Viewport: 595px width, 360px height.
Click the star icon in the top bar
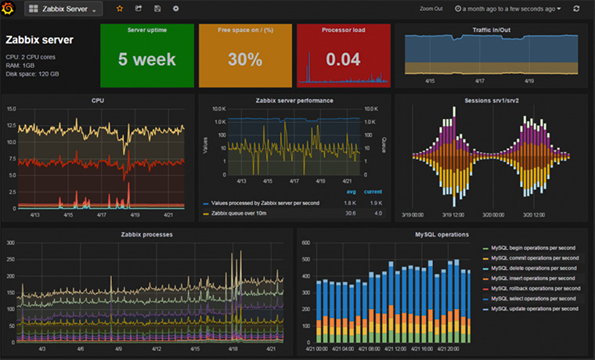(119, 9)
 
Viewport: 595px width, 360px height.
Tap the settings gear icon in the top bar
(175, 9)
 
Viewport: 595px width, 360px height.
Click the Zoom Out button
(431, 9)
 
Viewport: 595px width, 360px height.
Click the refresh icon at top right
(577, 9)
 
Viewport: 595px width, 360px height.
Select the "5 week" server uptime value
(148, 59)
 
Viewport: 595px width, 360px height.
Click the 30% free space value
(244, 59)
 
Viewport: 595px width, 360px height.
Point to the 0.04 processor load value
(343, 59)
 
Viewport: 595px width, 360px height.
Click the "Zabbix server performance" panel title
(294, 100)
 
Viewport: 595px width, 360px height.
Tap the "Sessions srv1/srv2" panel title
(492, 100)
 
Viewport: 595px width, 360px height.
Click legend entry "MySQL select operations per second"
(535, 298)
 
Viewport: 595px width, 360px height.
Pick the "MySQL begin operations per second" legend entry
(535, 247)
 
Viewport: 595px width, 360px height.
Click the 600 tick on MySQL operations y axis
(306, 243)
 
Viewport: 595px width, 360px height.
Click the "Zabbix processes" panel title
(146, 234)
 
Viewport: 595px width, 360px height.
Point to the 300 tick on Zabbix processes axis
(11, 243)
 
